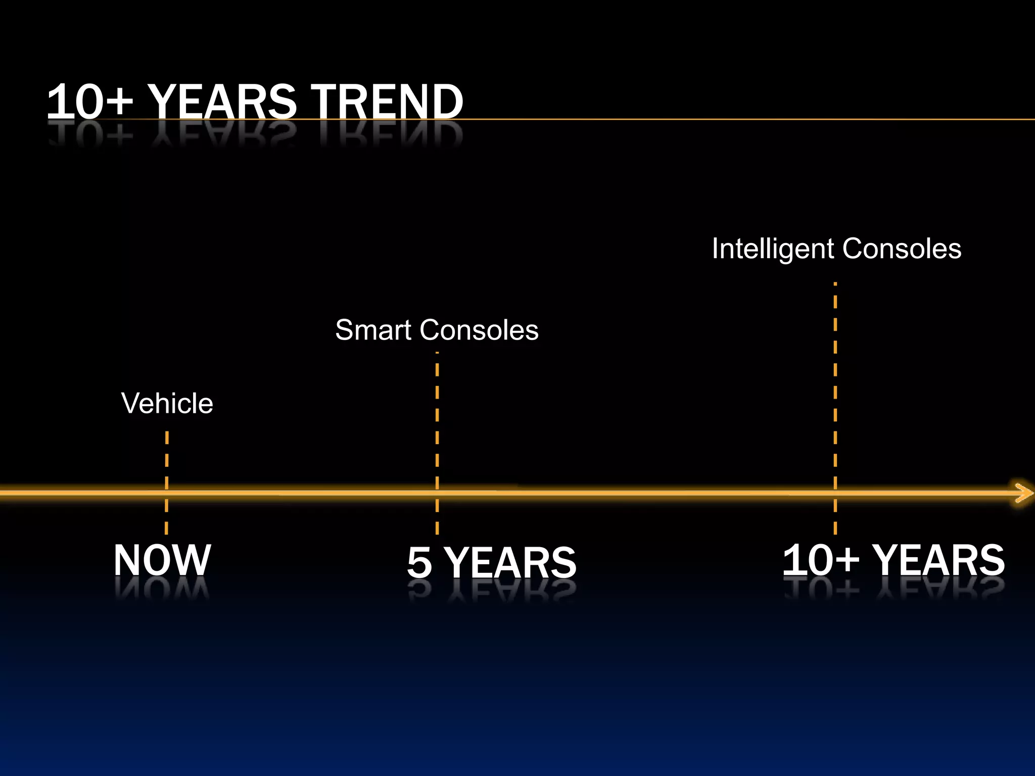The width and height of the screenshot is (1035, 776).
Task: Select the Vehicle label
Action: (x=167, y=403)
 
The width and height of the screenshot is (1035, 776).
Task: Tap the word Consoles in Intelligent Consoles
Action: (x=902, y=249)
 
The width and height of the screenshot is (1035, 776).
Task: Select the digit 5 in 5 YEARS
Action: (x=419, y=562)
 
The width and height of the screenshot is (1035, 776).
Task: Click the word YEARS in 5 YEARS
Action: (x=511, y=562)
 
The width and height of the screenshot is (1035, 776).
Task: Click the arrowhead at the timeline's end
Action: (x=1024, y=493)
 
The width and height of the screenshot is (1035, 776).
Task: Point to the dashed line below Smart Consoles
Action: (x=437, y=414)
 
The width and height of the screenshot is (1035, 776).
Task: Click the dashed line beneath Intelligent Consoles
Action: (x=835, y=379)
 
